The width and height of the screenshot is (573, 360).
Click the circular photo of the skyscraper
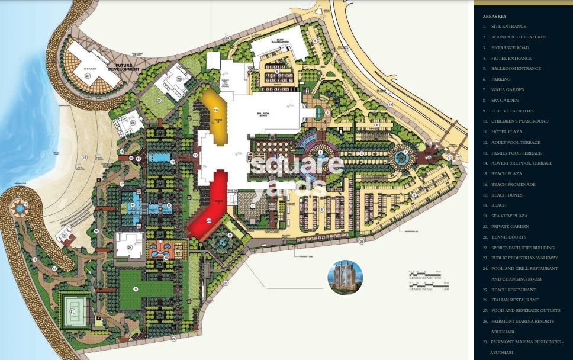pyautogui.click(x=345, y=277)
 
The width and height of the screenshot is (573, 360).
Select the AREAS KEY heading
pyautogui.click(x=494, y=16)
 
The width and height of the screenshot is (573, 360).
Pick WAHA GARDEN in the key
pyautogui.click(x=507, y=89)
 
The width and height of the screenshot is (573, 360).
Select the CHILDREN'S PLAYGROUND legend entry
pyautogui.click(x=519, y=121)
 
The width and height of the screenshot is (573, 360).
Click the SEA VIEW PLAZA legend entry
pyautogui.click(x=509, y=216)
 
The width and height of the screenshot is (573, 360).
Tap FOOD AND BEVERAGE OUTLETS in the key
pyautogui.click(x=524, y=311)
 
